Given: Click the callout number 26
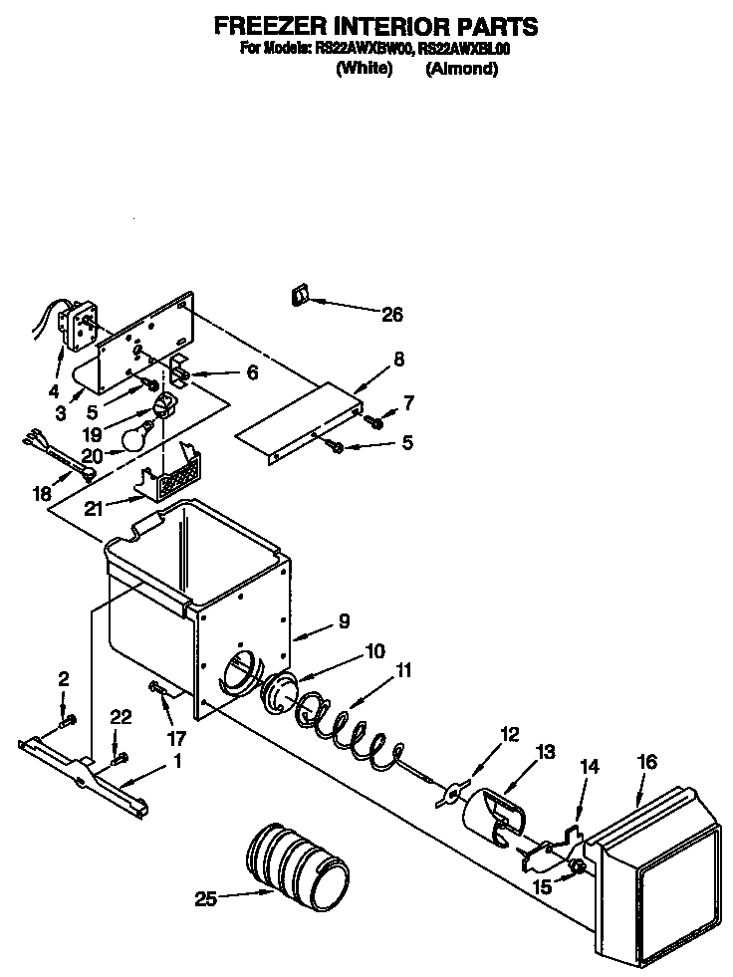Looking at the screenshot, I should coord(391,315).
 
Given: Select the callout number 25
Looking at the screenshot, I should coord(205,899).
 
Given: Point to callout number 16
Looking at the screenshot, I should coord(646,762).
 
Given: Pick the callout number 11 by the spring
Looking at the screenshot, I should coord(402,671).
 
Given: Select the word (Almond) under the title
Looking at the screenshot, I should coord(461,69).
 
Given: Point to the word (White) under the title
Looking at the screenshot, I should coord(365,69).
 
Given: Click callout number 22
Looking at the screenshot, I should coord(121,717).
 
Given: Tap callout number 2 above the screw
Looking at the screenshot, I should coord(64,679).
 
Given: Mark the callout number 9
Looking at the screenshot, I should coord(343,620).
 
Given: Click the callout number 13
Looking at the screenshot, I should coord(546,753).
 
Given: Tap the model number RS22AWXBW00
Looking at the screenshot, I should coord(365,47).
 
